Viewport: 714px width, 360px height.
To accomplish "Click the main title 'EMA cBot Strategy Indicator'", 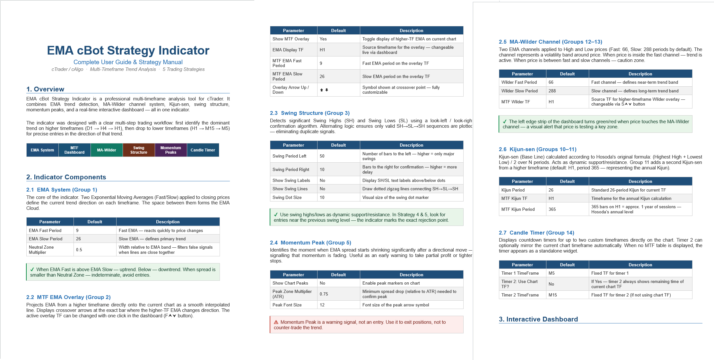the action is click(128, 50).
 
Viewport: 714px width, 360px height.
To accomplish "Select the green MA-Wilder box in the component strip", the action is click(107, 150).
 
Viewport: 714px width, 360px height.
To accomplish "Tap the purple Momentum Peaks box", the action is click(171, 150).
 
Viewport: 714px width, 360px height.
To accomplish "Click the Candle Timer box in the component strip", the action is click(203, 150).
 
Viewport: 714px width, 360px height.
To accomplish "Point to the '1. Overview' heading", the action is click(45, 89).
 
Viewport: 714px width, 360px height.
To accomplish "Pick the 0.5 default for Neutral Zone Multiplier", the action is click(79, 250).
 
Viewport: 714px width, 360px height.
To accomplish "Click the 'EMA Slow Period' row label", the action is click(46, 239).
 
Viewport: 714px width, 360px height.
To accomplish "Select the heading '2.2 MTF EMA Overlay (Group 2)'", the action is click(68, 297).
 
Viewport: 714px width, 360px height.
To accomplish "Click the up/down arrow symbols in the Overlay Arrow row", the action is click(324, 90).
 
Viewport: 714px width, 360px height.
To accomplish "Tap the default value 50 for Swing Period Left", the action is click(322, 156).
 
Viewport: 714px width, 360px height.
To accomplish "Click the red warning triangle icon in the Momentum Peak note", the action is click(276, 322).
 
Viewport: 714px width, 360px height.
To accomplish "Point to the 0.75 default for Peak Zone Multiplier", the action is click(324, 294).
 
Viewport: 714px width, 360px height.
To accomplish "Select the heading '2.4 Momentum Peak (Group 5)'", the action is click(310, 243).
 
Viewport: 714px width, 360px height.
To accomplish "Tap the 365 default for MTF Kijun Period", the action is click(552, 209).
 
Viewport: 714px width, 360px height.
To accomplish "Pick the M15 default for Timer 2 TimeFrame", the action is click(553, 295).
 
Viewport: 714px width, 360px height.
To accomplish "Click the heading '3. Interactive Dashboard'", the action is click(538, 319).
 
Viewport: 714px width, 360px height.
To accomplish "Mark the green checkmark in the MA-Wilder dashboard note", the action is click(505, 122).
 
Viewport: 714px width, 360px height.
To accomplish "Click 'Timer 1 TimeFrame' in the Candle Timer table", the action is click(520, 273).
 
